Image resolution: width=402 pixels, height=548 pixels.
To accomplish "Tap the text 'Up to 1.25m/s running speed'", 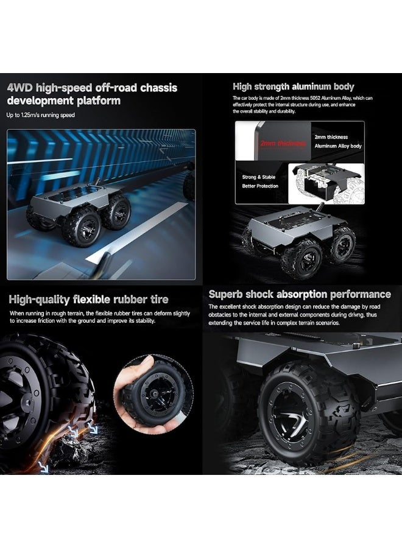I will click(x=41, y=115).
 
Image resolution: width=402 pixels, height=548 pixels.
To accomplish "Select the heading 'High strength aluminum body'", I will click(x=293, y=87).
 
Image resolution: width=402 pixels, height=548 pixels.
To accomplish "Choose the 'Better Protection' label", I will click(x=260, y=186).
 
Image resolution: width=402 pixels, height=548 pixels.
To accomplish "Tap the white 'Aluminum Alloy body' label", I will click(x=338, y=146).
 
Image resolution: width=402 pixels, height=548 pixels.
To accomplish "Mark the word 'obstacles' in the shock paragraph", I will click(x=222, y=315).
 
